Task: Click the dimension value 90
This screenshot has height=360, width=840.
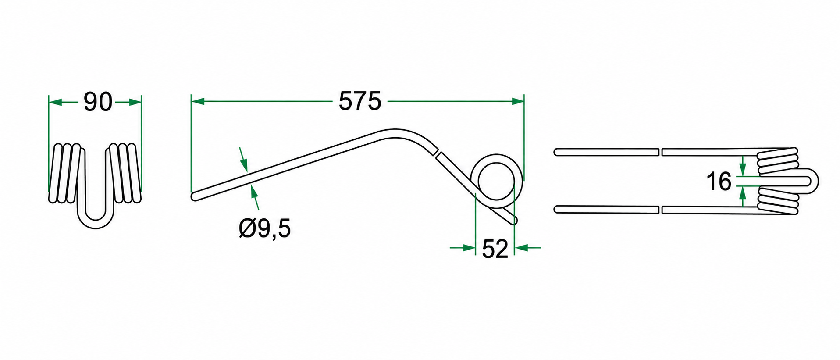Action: click(98, 102)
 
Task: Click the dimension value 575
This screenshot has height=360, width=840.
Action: click(360, 102)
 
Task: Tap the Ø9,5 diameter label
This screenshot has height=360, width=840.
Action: click(265, 228)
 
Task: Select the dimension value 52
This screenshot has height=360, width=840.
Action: click(495, 249)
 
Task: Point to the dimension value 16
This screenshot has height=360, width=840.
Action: click(719, 182)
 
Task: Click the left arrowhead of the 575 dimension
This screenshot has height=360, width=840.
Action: click(198, 102)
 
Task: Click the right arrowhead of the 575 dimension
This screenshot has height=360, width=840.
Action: click(518, 102)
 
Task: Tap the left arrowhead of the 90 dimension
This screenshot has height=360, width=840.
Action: click(55, 102)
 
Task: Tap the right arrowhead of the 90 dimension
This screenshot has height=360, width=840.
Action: click(135, 102)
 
